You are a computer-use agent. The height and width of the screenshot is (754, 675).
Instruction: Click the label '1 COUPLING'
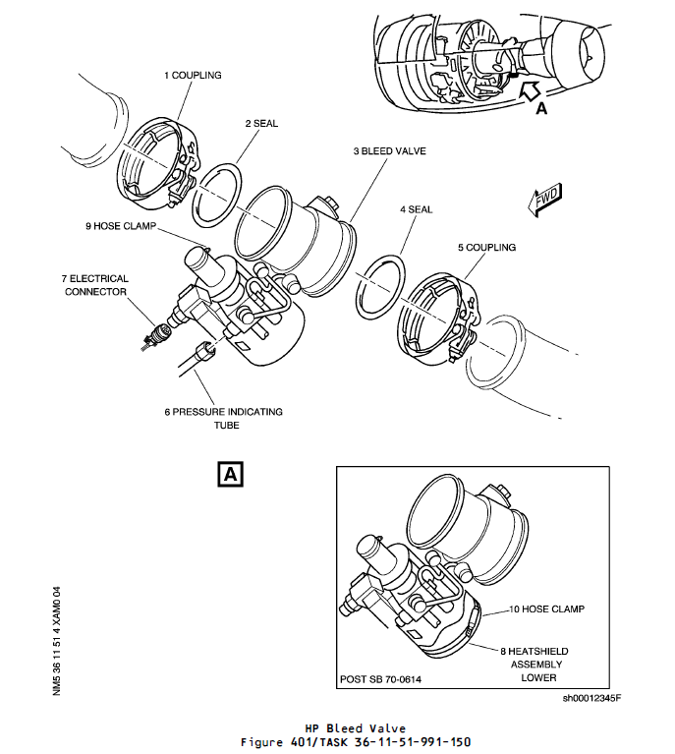(x=193, y=75)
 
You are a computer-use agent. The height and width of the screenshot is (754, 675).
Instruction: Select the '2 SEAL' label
(x=261, y=124)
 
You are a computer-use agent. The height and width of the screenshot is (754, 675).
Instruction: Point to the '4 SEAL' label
(x=416, y=209)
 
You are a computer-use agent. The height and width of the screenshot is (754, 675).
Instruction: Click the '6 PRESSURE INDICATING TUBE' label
(x=209, y=418)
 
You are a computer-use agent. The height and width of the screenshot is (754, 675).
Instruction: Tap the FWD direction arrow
(x=543, y=201)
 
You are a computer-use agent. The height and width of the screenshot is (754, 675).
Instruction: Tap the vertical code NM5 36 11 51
(x=58, y=639)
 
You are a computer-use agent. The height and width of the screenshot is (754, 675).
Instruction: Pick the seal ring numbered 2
(x=218, y=195)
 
